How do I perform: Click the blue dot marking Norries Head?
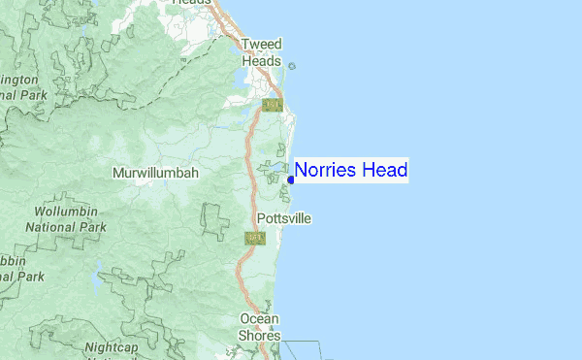[x=291, y=179]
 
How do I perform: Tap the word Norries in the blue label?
[x=326, y=171]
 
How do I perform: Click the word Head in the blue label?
[x=384, y=171]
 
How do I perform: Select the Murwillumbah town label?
[x=155, y=173]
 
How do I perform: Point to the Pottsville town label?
[x=284, y=218]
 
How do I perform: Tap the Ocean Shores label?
[x=260, y=327]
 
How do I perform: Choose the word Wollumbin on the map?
[x=67, y=212]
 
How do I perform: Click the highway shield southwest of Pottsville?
[x=255, y=238]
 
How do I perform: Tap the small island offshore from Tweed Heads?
[x=292, y=66]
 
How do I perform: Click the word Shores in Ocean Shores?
[x=260, y=336]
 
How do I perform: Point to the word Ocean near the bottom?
[x=260, y=319]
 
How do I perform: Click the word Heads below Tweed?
[x=260, y=59]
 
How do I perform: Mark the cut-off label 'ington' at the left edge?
[x=19, y=80]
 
